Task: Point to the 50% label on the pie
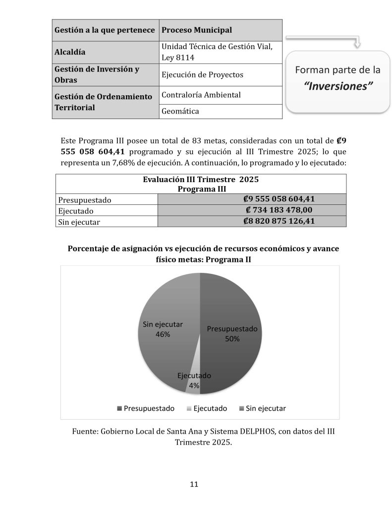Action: [232, 339]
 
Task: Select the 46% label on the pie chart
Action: [163, 334]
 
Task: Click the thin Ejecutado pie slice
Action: [194, 386]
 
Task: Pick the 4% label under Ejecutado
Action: [194, 385]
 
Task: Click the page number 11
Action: [194, 484]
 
